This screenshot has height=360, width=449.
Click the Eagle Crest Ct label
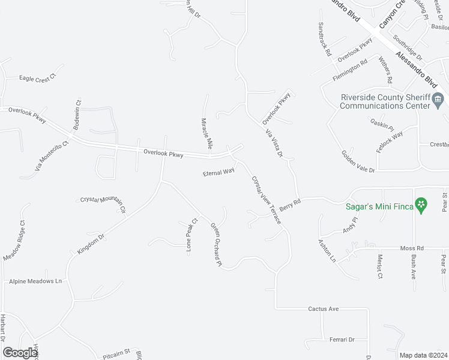point(37,78)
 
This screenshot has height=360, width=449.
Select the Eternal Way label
point(218,172)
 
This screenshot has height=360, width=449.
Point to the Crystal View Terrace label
point(266,199)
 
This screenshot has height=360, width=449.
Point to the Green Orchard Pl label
point(216,245)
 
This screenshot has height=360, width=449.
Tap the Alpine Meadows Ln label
point(35,281)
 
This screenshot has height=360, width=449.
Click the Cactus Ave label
point(324,309)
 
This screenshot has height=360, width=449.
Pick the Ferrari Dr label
point(342,340)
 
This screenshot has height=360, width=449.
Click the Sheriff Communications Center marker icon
point(439,100)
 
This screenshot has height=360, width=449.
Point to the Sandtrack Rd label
point(325,40)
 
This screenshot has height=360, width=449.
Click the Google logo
point(20,353)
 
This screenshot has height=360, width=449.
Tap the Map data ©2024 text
point(423,355)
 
